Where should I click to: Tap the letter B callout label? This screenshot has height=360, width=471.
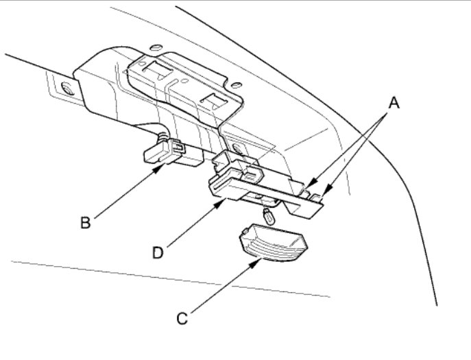pos(86,221)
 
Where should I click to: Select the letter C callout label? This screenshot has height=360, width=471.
pos(182,318)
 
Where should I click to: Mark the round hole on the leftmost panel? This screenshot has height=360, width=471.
pos(67,88)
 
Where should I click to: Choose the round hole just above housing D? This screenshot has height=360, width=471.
pos(237,147)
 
